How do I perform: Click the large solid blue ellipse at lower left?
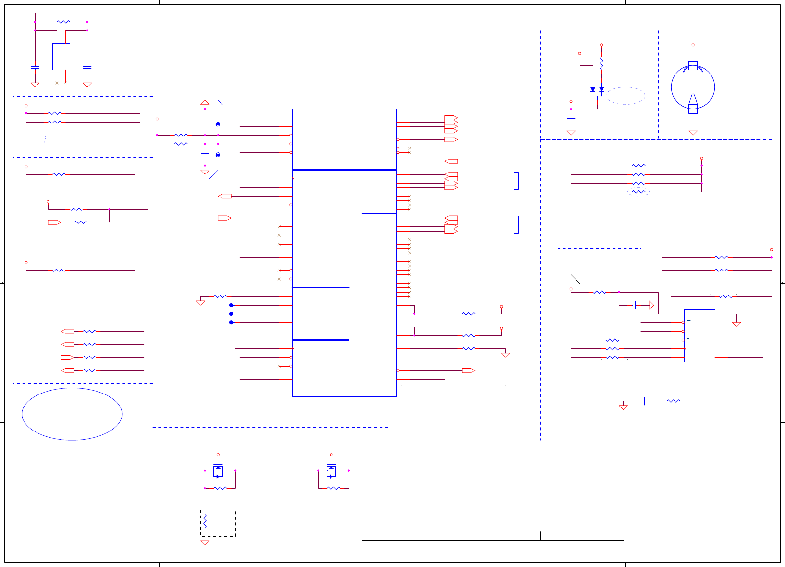(x=72, y=414)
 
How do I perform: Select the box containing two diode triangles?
(x=597, y=91)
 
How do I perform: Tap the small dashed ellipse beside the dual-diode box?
(x=626, y=96)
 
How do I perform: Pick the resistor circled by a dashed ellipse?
(x=638, y=192)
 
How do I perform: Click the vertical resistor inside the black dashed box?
(x=205, y=521)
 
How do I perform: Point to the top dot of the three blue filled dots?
(x=231, y=305)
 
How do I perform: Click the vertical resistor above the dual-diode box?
(x=601, y=63)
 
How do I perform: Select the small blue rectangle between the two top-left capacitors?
(x=61, y=57)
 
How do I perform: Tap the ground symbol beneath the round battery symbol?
(x=693, y=132)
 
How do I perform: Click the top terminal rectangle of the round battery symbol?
(x=693, y=65)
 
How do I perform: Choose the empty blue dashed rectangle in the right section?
(x=599, y=262)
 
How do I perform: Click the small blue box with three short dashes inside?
(x=699, y=335)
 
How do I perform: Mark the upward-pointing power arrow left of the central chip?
(x=205, y=102)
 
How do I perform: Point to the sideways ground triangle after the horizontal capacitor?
(x=651, y=305)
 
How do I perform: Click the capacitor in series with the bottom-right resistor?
(x=643, y=401)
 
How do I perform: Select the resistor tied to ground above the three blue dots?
(x=220, y=296)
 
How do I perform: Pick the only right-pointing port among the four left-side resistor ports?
(x=68, y=357)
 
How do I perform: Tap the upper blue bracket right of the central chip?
(x=517, y=181)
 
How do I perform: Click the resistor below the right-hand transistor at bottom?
(x=333, y=488)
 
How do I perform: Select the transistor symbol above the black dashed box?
(x=218, y=471)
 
